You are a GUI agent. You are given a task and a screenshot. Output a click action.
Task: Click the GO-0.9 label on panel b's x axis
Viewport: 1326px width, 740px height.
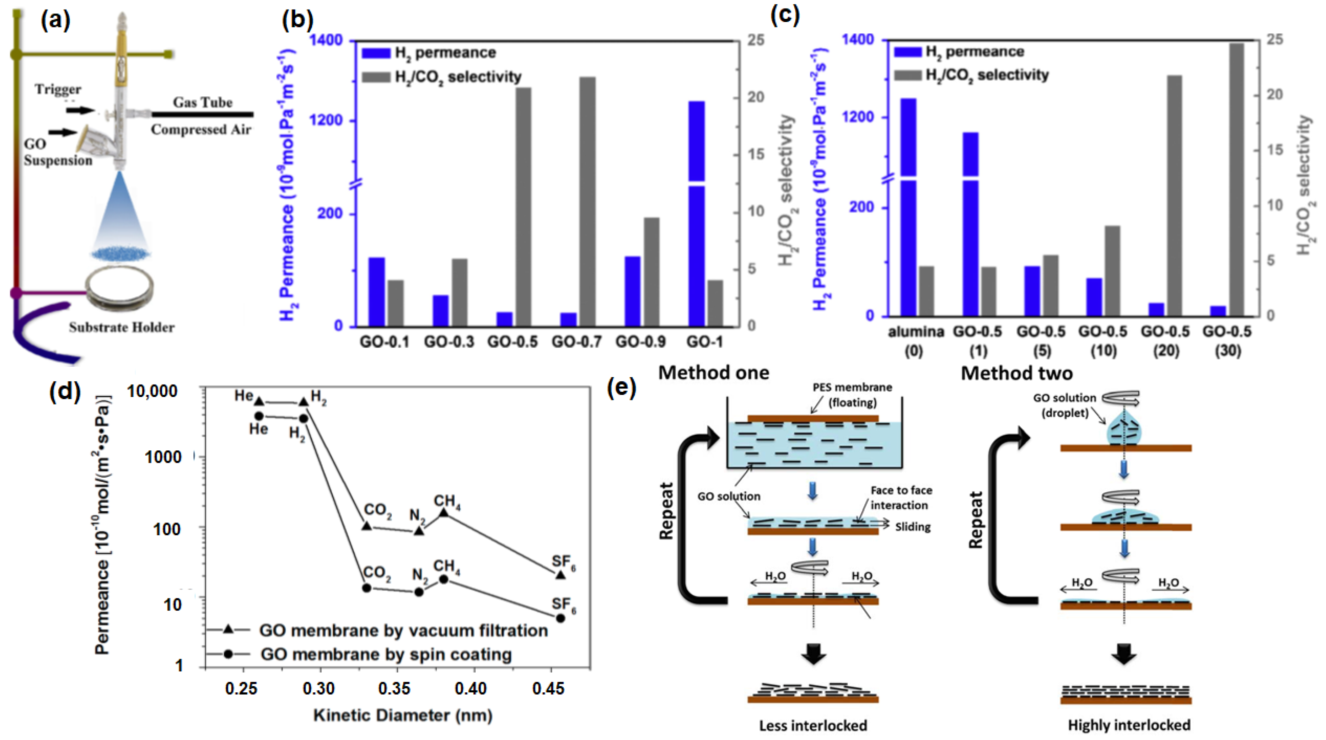640,342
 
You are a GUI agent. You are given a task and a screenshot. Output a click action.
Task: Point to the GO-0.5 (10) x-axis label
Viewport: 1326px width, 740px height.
1103,341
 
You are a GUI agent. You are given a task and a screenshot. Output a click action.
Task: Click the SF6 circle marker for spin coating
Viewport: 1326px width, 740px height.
560,618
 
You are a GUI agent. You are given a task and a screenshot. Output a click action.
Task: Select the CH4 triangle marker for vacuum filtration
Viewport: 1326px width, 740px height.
443,513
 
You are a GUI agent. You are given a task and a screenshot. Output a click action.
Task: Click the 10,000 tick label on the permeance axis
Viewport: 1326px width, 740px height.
152,391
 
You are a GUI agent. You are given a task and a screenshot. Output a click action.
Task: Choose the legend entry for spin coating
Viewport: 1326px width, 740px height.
386,654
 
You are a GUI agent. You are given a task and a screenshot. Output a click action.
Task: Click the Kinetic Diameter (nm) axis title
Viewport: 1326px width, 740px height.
403,715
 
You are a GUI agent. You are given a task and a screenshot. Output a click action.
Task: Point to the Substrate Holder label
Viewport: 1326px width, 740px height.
122,327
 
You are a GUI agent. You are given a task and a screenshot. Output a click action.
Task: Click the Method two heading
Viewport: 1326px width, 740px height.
1017,373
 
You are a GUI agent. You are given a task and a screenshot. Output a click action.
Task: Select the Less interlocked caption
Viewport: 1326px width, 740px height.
813,725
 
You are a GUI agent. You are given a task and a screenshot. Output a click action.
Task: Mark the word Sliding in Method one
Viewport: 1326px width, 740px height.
913,527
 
